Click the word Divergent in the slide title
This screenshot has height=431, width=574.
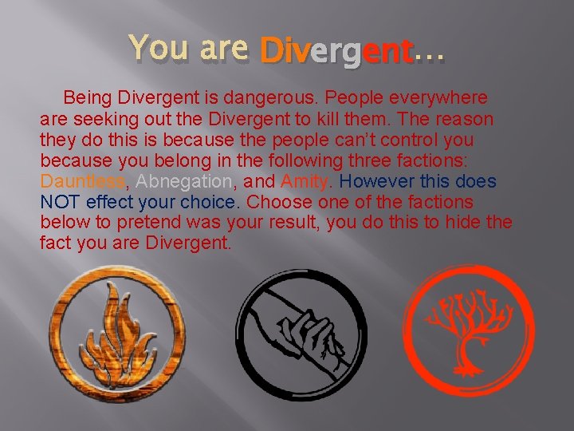[x=336, y=53]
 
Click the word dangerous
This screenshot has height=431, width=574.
[x=299, y=98]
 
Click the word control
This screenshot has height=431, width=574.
[x=415, y=140]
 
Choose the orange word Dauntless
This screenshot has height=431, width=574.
[x=83, y=181]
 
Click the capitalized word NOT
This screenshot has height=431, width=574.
[x=60, y=202]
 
